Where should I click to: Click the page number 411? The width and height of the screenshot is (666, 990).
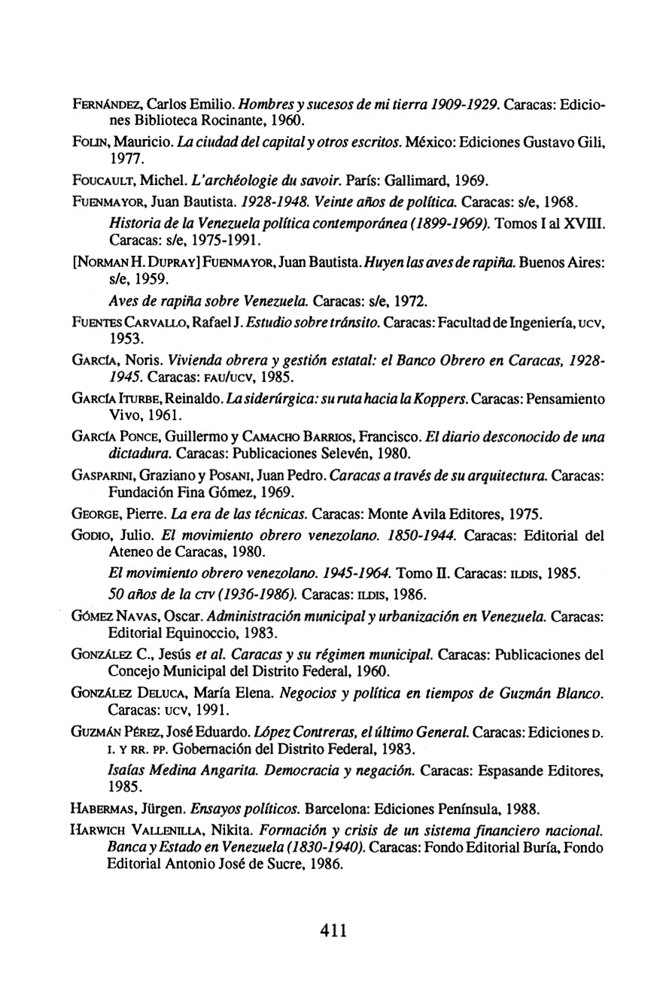pyautogui.click(x=333, y=930)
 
